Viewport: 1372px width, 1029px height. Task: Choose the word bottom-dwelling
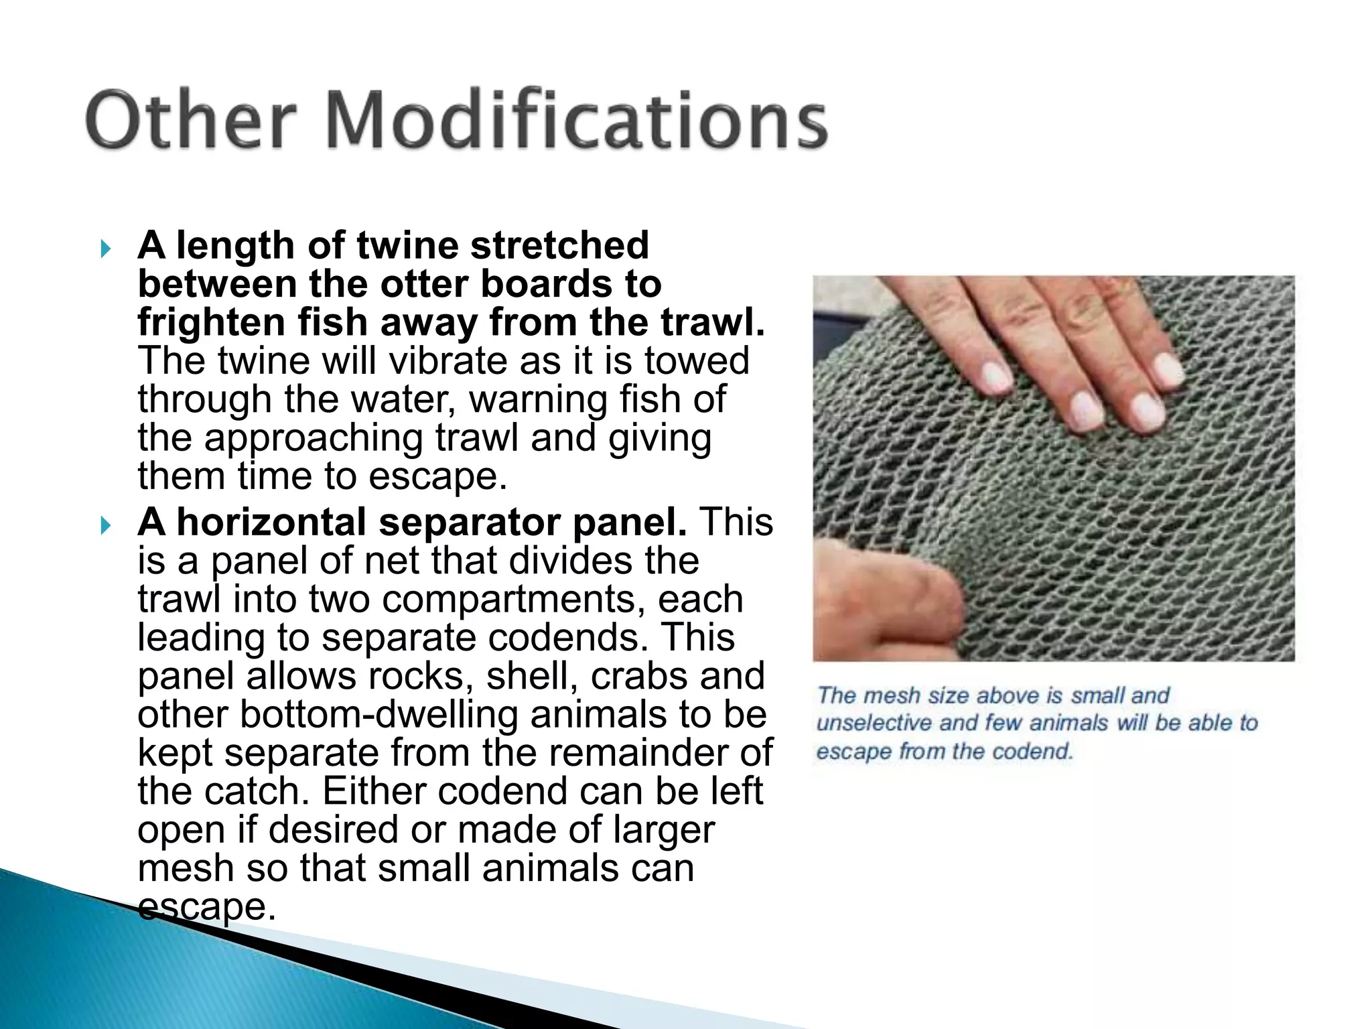379,714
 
